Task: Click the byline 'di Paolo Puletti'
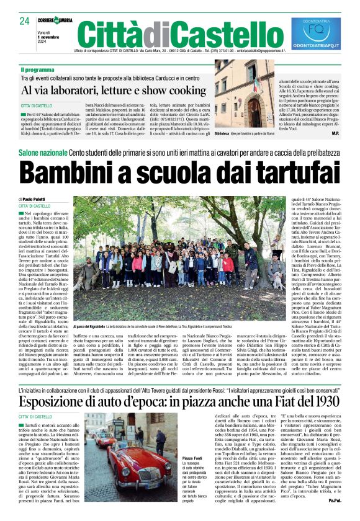tap(35, 199)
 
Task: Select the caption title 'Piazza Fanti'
tap(171, 458)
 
